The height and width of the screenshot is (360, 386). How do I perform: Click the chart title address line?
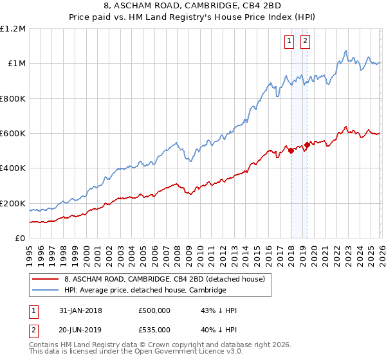click(x=193, y=7)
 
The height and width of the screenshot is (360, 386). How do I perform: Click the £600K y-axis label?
click(x=12, y=134)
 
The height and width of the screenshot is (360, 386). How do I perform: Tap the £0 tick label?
click(x=19, y=239)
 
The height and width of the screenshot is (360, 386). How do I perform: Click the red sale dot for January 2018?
click(x=291, y=151)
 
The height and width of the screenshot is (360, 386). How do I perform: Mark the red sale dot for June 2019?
click(x=307, y=145)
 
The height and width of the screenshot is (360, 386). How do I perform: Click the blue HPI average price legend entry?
click(x=145, y=291)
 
